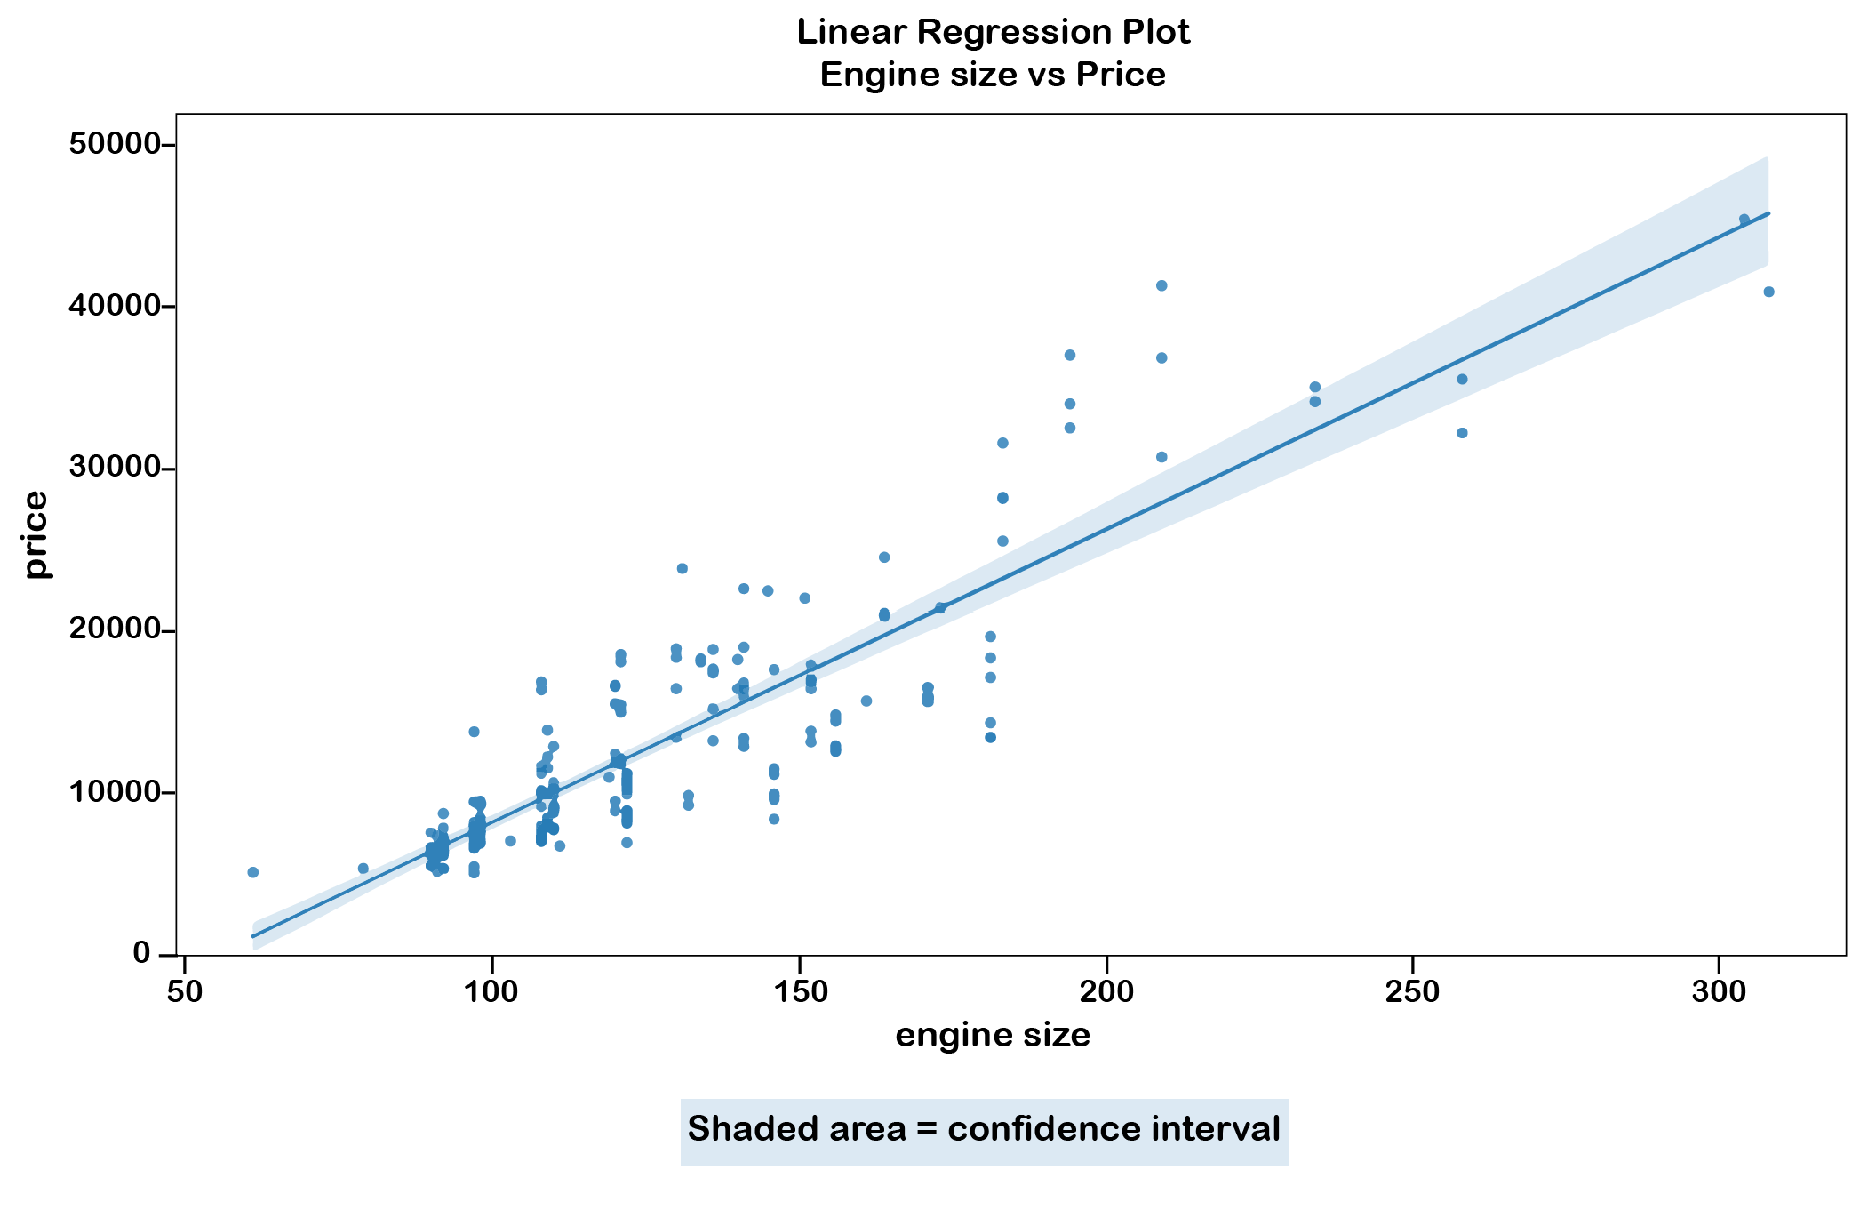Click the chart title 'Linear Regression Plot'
pos(993,32)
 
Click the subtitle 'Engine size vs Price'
pos(993,75)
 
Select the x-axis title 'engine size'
pos(993,1035)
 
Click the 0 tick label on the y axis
pos(141,953)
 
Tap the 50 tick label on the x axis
pos(183,992)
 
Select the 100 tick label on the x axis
pos(491,992)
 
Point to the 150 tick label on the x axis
pos(799,992)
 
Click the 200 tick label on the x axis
pos(1106,992)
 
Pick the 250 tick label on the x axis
pos(1413,992)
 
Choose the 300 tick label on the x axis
pos(1720,992)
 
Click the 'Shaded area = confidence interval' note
pos(984,1130)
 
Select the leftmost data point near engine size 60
pos(253,872)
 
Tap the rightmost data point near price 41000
pos(1768,292)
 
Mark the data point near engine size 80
pos(363,869)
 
